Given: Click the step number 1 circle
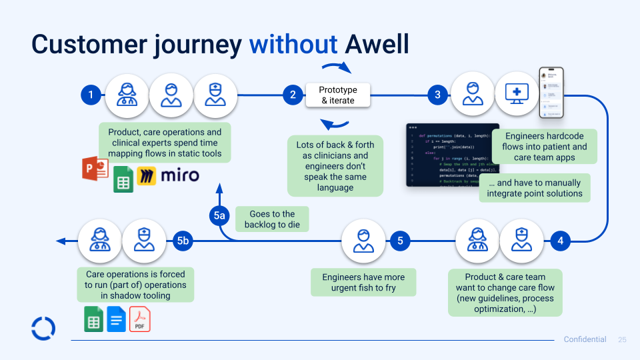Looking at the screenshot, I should point(91,95).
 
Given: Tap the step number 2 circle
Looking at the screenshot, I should point(292,95).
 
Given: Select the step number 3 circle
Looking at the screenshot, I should point(438,95).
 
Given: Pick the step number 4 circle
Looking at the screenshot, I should point(561,241).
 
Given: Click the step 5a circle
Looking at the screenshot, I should point(220,215).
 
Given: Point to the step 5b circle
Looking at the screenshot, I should point(183,241).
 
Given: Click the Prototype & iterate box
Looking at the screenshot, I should point(338,95).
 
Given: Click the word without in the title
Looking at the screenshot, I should point(293,44).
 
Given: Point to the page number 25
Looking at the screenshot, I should point(623,340).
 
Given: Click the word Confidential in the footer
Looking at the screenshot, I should point(585,340).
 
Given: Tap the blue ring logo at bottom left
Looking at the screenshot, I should point(43,328).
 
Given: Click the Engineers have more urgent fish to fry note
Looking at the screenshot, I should point(364,283).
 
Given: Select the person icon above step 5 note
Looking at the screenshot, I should point(363,241).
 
